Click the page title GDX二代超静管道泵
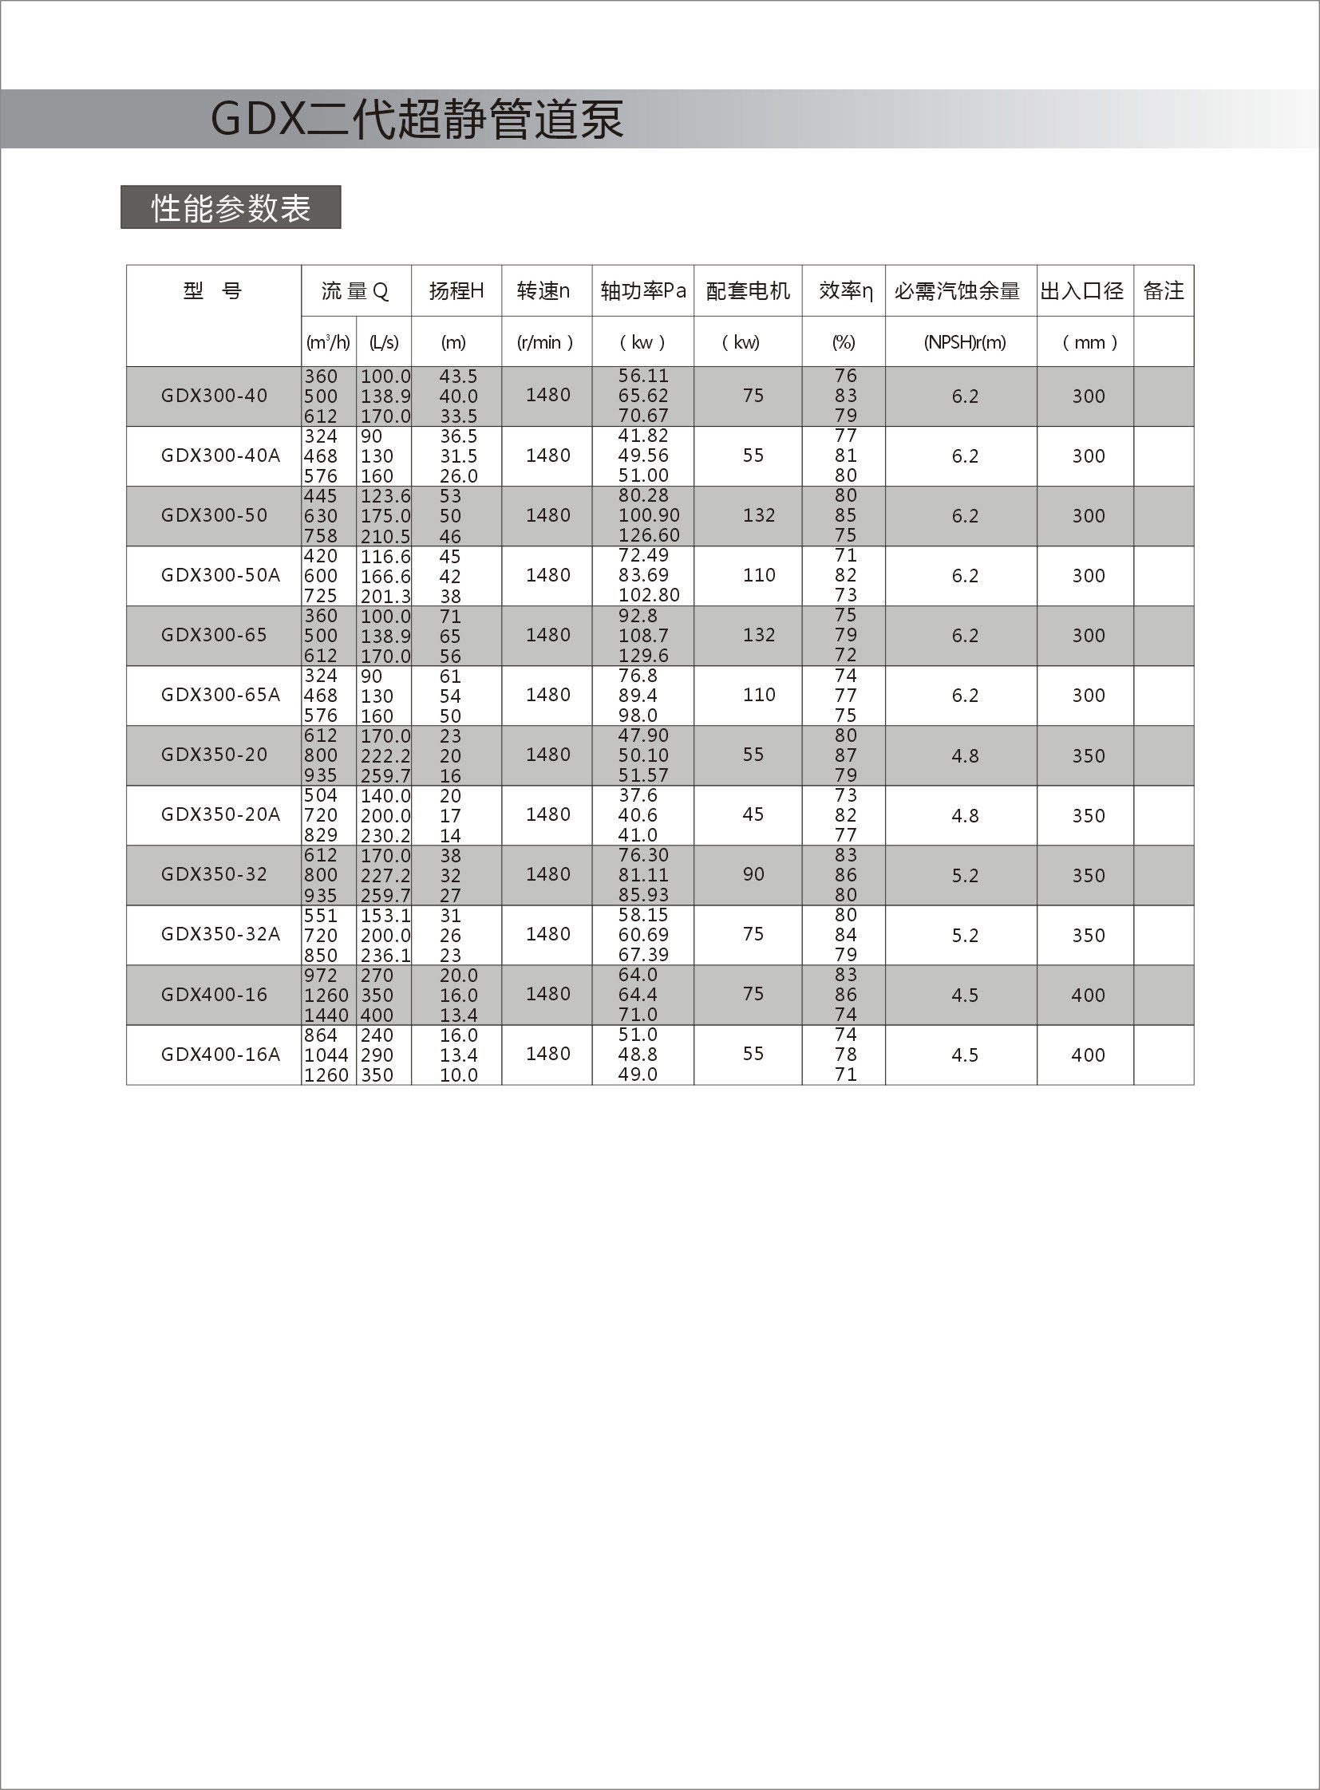pos(416,120)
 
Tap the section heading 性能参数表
pos(230,208)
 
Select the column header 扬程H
pos(456,290)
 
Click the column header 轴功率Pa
pos(642,290)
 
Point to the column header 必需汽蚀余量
pos(956,290)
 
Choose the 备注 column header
pos(1163,290)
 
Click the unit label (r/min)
pos(546,343)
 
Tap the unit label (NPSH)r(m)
pos(964,343)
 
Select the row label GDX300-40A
pos(220,455)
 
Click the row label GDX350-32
pos(214,873)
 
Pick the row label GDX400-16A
pos(220,1055)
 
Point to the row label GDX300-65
pos(214,635)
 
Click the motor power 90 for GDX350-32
pos(753,873)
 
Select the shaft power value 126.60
pos(648,535)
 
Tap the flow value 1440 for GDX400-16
pos(326,1015)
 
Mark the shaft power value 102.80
pos(648,595)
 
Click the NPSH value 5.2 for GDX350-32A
pos(964,935)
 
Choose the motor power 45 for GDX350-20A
pos(753,814)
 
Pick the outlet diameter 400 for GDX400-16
pos(1089,996)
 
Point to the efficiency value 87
pos(845,755)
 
